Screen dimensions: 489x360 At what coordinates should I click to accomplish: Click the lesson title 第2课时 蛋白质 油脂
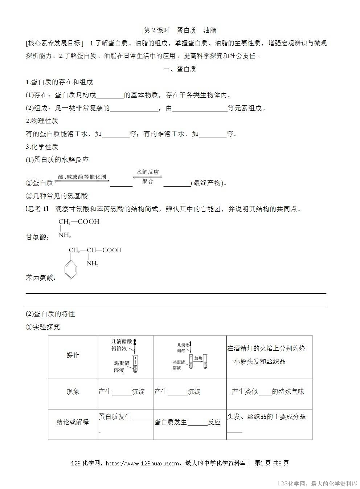pos(180,30)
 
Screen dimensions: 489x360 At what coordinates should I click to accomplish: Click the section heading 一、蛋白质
pos(180,69)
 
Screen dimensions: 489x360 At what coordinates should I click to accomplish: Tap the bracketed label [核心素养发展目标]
pos(55,43)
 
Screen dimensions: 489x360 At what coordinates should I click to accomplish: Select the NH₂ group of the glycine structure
pos(65,235)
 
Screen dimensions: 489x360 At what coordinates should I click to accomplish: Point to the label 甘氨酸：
pos(38,237)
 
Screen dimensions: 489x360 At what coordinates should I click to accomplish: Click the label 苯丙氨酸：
pos(41,278)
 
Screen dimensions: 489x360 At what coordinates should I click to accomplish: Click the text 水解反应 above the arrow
pos(148,172)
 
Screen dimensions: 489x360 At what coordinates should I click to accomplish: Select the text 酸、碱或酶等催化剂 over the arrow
pos(82,177)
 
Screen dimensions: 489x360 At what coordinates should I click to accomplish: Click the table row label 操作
pos(73,355)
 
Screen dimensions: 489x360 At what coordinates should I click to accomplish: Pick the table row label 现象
pos(73,392)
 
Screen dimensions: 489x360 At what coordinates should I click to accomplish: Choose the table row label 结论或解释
pos(73,422)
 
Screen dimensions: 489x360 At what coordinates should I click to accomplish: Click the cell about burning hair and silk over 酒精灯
pos(267,355)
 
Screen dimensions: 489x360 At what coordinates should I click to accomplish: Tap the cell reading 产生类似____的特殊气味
pos(268,392)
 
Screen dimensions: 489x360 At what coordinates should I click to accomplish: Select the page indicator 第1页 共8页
pos(272,463)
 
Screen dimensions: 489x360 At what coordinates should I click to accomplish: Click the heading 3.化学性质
pos(42,147)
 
